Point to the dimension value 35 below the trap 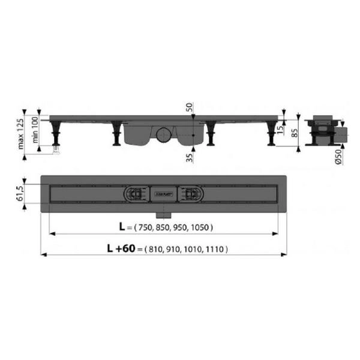[190, 158]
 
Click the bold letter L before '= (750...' [122, 227]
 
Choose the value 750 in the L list [146, 228]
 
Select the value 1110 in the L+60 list [218, 249]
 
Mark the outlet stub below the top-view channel [163, 213]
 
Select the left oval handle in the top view [134, 194]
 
